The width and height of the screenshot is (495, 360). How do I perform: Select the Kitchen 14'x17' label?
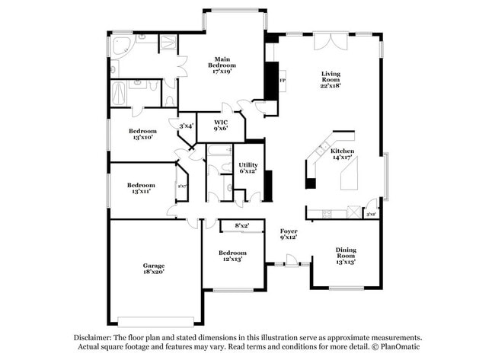pos(342,155)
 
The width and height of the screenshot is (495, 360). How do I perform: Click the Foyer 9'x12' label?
pos(288,234)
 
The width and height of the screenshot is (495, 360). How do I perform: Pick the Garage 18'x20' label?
pos(154,268)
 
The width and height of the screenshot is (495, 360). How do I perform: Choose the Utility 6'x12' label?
pos(248,168)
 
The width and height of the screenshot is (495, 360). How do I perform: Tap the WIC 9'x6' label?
pos(221,125)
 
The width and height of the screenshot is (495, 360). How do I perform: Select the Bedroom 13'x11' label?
pos(141,188)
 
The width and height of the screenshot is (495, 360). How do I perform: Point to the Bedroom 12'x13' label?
pos(232,256)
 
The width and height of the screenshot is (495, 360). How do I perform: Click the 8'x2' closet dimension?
pos(242,225)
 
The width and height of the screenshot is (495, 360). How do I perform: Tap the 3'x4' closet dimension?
pos(186,126)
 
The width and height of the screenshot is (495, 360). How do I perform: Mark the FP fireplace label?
pos(283,80)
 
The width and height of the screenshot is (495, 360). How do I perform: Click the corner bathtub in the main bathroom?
pos(122,47)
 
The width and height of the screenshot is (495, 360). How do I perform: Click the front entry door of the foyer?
pos(288,265)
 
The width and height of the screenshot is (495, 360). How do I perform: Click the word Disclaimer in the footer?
pos(93,337)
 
